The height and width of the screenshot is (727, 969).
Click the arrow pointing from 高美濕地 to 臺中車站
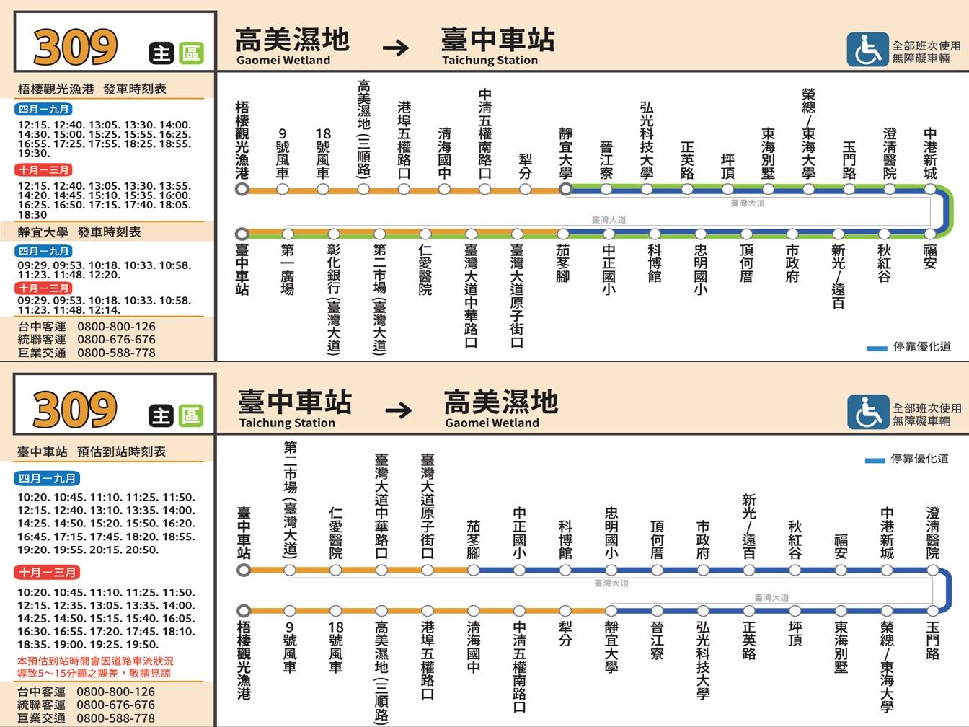pos(396,48)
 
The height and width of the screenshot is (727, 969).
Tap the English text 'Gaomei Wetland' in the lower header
pos(492,423)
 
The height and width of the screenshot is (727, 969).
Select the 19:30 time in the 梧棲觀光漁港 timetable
pos(34,154)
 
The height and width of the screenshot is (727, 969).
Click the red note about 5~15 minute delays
pos(95,667)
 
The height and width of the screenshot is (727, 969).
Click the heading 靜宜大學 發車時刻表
pos(79,232)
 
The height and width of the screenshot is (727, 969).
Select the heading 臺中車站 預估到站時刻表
pos(92,452)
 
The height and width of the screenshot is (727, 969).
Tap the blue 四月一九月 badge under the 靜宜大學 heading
pos(43,251)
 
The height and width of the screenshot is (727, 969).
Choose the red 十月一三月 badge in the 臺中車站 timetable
pos(47,573)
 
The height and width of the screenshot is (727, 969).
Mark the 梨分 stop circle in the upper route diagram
pos(525,190)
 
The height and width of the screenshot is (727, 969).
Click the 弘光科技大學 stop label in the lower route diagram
pos(703,661)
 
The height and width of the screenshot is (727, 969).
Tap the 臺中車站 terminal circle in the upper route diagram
pos(242,234)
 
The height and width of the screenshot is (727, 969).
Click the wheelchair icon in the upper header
pos(867,50)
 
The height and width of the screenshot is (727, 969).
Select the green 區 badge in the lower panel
pos(191,416)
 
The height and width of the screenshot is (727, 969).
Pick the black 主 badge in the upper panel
pos(161,53)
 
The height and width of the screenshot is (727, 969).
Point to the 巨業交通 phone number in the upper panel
pos(117,353)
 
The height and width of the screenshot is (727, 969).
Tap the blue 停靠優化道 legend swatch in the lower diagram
pos(875,461)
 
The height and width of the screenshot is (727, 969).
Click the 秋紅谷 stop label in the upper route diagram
pos(884,263)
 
